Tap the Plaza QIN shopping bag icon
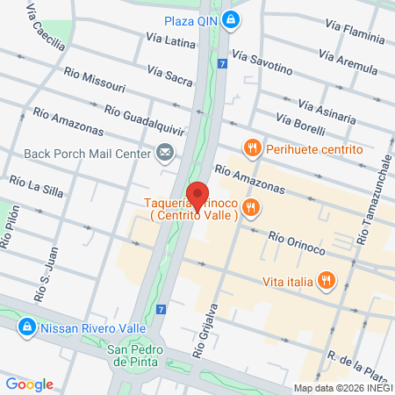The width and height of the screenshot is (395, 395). (x=230, y=19)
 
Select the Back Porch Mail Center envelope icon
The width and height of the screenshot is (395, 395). (x=164, y=154)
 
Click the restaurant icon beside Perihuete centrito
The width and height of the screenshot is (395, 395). (x=252, y=149)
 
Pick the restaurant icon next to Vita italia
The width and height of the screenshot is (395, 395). (x=326, y=281)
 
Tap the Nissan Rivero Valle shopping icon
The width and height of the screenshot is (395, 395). (x=27, y=328)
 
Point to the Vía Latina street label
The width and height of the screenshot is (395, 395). (x=173, y=39)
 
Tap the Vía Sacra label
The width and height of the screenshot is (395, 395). (x=169, y=74)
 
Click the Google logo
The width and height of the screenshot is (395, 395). (x=30, y=384)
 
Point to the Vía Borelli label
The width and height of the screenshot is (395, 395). (x=301, y=124)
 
